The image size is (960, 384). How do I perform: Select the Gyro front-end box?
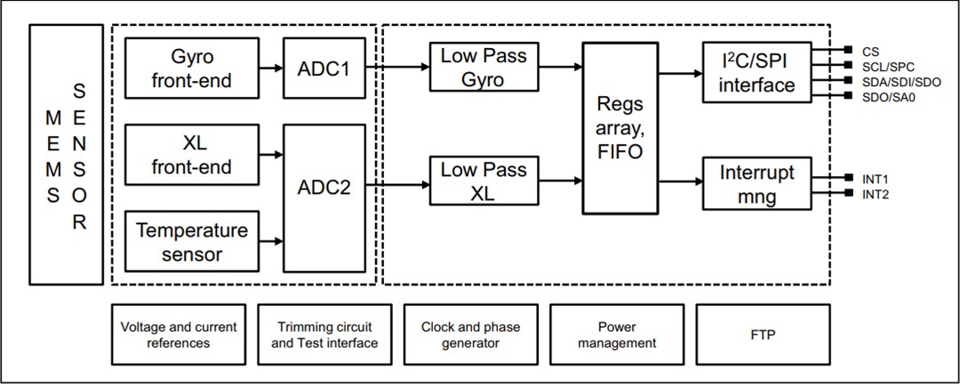click(192, 68)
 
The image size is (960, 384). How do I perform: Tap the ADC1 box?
click(324, 68)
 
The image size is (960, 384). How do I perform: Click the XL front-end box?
click(192, 155)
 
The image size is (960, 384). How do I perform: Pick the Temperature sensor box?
click(192, 242)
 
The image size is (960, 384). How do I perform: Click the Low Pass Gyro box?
click(484, 68)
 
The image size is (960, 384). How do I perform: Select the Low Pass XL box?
click(484, 181)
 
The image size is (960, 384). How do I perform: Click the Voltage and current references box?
click(179, 334)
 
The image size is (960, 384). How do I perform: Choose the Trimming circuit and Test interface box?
click(324, 334)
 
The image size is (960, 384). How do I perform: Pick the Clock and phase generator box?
click(470, 334)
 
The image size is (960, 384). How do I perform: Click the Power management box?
click(616, 334)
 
